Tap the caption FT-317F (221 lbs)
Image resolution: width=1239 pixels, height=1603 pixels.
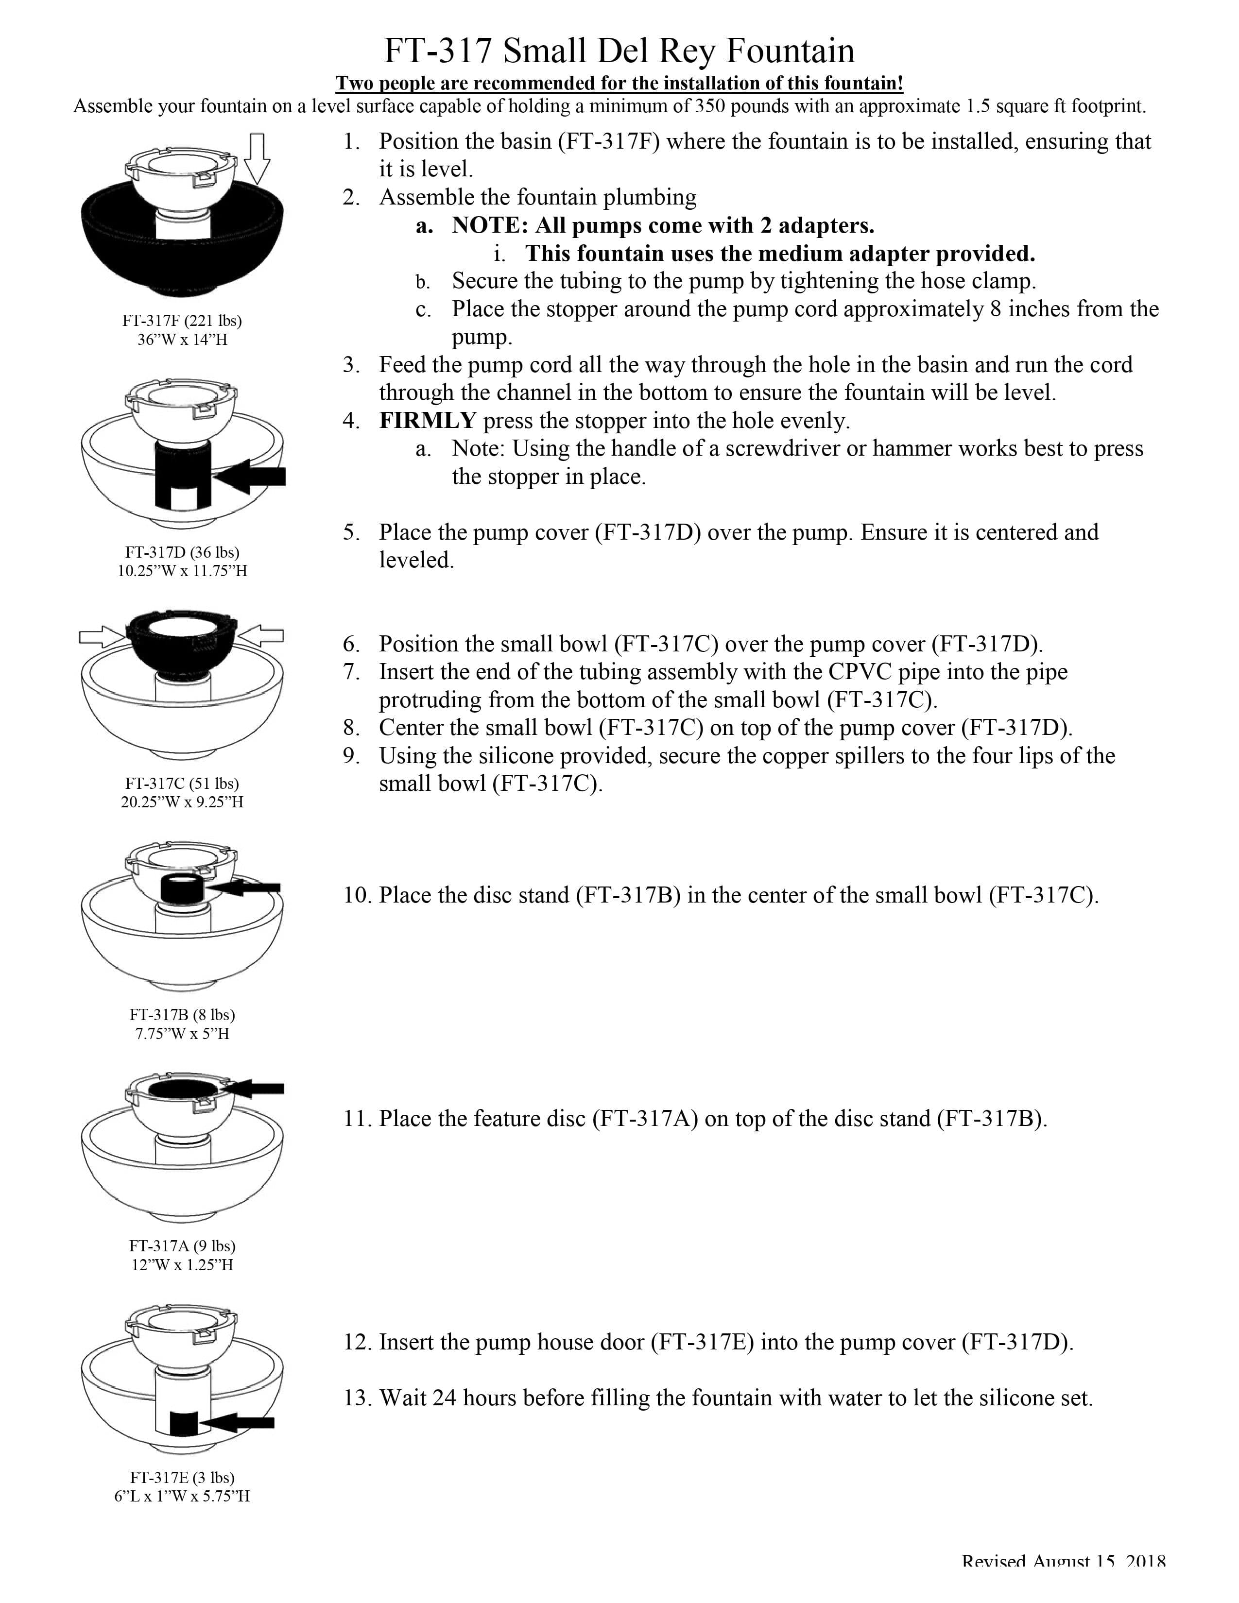pyautogui.click(x=182, y=321)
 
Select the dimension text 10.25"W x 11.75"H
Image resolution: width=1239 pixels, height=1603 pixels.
pyautogui.click(x=182, y=571)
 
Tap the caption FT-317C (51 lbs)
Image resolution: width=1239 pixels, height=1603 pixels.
pyautogui.click(x=182, y=784)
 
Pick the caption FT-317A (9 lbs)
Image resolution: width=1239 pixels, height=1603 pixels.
pyautogui.click(x=182, y=1245)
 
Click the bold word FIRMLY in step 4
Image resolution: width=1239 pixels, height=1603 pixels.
pyautogui.click(x=427, y=421)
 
